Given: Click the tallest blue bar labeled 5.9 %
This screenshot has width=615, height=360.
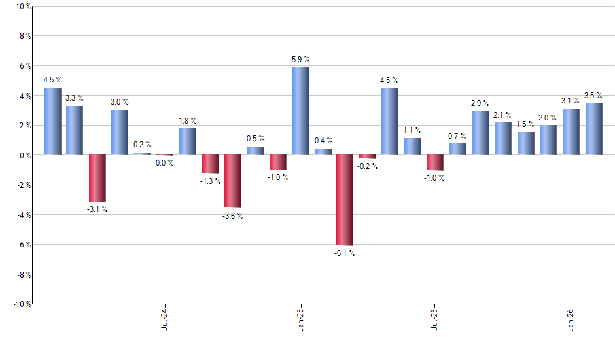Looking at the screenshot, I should click(300, 111).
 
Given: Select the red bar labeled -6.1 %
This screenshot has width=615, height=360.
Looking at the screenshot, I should click(345, 200).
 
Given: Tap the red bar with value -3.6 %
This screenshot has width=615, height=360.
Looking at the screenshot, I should click(233, 181).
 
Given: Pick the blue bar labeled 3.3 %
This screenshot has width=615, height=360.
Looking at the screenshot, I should click(75, 130).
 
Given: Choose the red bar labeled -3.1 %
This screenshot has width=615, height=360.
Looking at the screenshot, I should click(97, 178).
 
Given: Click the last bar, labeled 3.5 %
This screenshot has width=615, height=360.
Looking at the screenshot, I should click(593, 129).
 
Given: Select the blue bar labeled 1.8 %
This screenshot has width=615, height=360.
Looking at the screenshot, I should click(188, 141).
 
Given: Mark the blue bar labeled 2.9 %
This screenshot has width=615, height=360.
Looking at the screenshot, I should click(481, 133).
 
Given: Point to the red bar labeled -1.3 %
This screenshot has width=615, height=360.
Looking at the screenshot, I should click(210, 164).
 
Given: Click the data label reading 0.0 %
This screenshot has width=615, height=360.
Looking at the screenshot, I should click(165, 163).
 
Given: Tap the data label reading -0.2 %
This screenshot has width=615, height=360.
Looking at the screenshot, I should click(368, 166).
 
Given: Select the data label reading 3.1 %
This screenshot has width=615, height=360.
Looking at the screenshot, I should click(571, 101).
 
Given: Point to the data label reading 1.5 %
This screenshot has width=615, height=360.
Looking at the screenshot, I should click(525, 124).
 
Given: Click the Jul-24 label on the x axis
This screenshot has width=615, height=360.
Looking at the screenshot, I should click(164, 318).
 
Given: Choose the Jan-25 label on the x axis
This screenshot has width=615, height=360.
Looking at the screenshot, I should click(300, 318).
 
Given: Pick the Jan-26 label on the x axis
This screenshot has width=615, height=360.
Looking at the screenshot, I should click(571, 318).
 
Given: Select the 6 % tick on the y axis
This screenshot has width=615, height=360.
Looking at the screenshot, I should click(24, 66).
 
